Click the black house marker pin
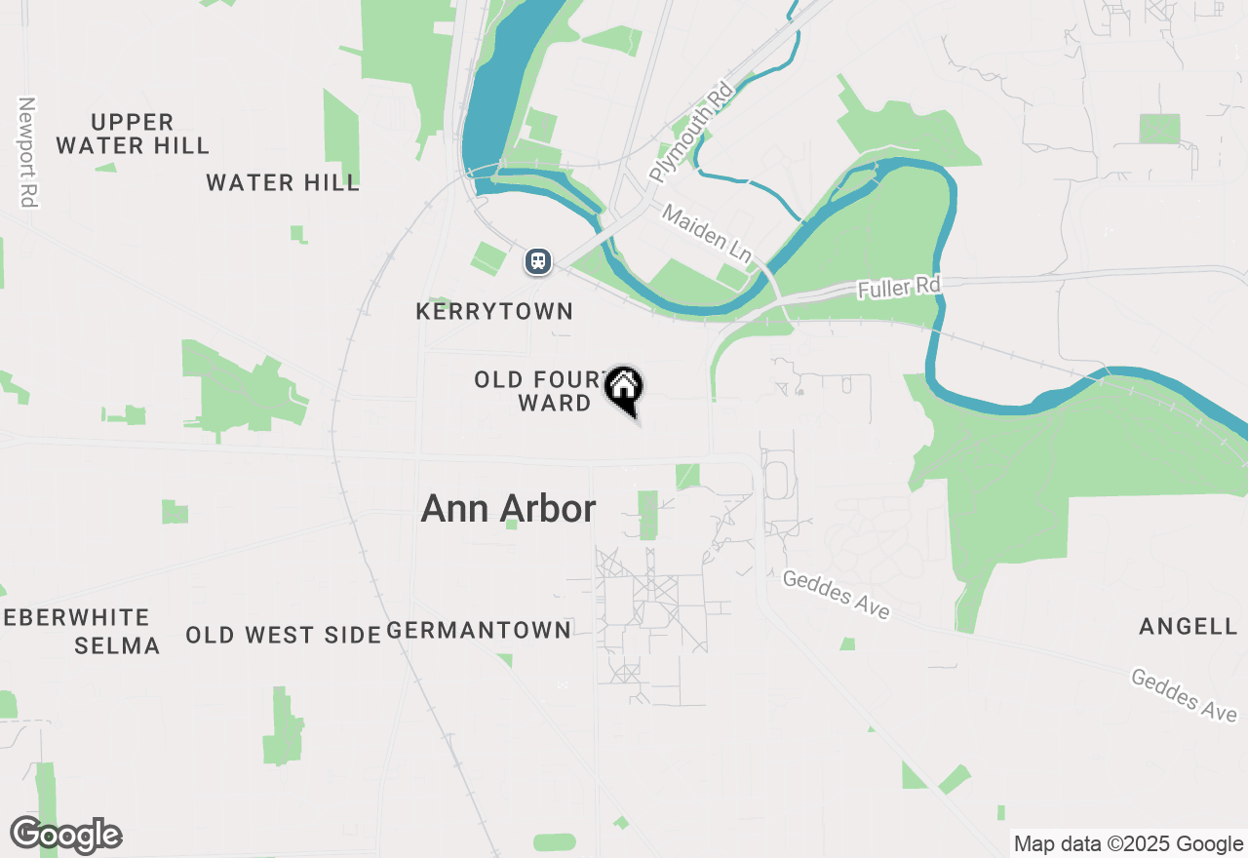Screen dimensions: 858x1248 pyautogui.click(x=624, y=388)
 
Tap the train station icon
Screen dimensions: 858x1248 pyautogui.click(x=537, y=261)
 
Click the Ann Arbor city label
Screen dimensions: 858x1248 pyautogui.click(x=508, y=509)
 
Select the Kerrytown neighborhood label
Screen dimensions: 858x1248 pyautogui.click(x=494, y=312)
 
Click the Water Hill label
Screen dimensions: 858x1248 pyautogui.click(x=283, y=182)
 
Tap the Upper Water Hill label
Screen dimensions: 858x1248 pyautogui.click(x=133, y=135)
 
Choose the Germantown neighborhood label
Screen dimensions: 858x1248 pyautogui.click(x=480, y=631)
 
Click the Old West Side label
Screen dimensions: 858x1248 pyautogui.click(x=283, y=635)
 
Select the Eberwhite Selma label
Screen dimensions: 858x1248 pyautogui.click(x=78, y=631)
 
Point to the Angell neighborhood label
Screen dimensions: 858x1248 pyautogui.click(x=1189, y=627)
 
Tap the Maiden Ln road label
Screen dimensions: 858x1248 pyautogui.click(x=708, y=234)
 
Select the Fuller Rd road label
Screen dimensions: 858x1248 pyautogui.click(x=899, y=288)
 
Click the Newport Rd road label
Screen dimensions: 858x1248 pyautogui.click(x=27, y=151)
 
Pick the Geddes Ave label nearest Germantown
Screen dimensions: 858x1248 pyautogui.click(x=837, y=595)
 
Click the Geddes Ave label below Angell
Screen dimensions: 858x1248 pyautogui.click(x=1184, y=694)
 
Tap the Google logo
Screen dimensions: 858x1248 pyautogui.click(x=65, y=836)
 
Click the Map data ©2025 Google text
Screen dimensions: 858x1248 pyautogui.click(x=1128, y=844)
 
